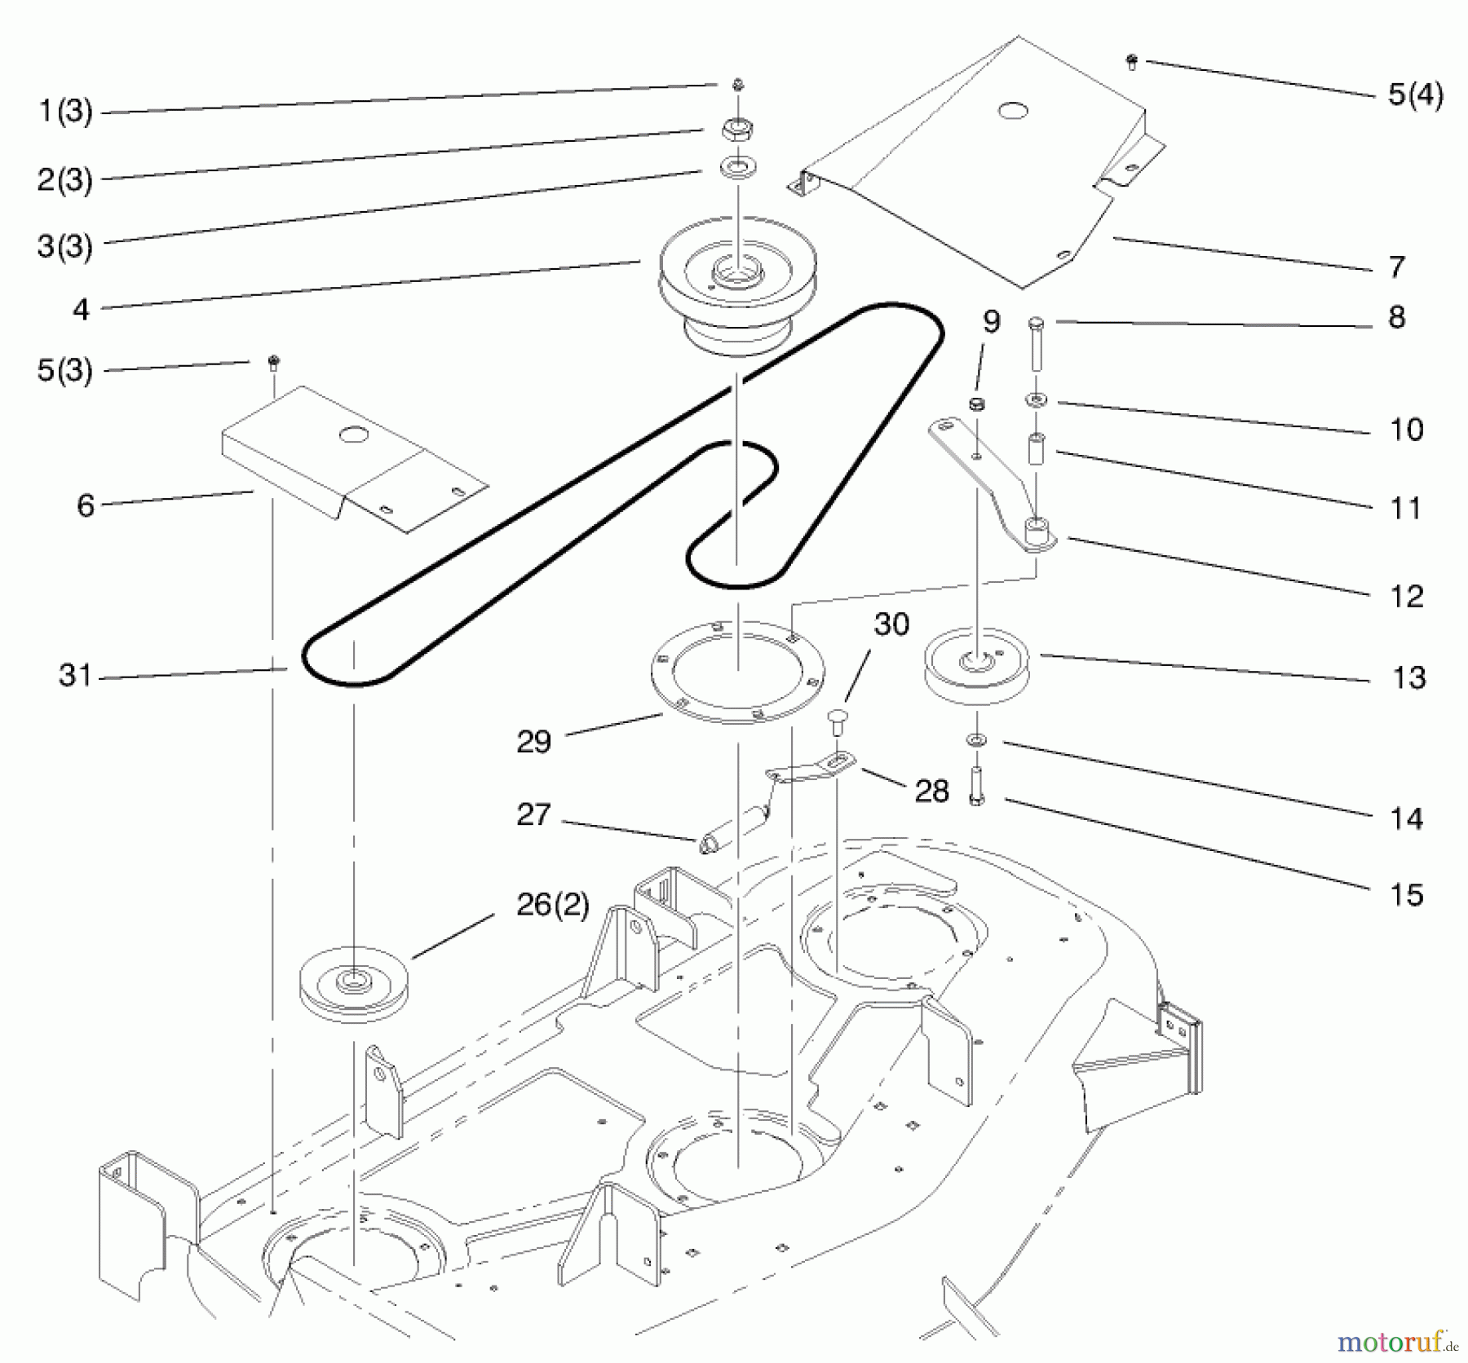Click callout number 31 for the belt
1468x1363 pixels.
pyautogui.click(x=75, y=675)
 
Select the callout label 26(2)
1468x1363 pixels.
pyautogui.click(x=553, y=905)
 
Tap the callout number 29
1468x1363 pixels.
pyautogui.click(x=534, y=741)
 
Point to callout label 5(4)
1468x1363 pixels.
pyautogui.click(x=1415, y=95)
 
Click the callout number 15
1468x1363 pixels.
pyautogui.click(x=1406, y=895)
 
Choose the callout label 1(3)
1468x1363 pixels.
pyautogui.click(x=65, y=111)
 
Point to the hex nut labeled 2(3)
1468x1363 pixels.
pyautogui.click(x=736, y=130)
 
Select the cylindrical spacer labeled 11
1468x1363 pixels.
pyautogui.click(x=1037, y=449)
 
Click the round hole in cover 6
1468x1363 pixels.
pyautogui.click(x=352, y=435)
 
